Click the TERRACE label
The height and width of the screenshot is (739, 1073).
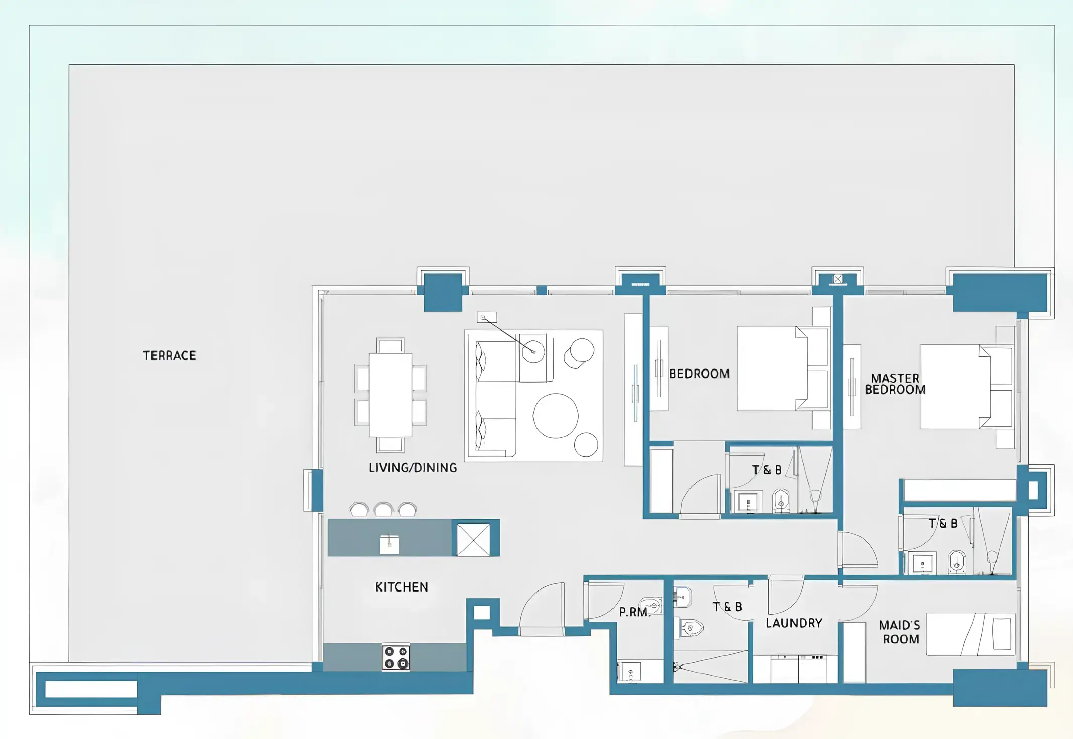coord(170,356)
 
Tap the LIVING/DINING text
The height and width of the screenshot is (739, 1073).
coord(413,468)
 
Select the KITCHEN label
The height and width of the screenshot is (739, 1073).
coord(402,587)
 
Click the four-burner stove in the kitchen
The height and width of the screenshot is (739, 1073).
coord(396,657)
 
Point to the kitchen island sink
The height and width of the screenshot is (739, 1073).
coord(389,544)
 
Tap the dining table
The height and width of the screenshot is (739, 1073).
coord(391,395)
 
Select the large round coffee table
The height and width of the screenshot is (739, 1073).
coord(556,416)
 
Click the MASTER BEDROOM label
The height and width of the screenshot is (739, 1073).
coord(895,384)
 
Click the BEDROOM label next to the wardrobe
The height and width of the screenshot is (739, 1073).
coord(699,374)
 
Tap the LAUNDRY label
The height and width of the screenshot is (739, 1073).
coord(794,623)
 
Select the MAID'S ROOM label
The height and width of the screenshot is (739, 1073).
coord(900,632)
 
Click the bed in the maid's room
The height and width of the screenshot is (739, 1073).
coord(969,634)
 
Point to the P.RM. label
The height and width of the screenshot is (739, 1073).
coord(634,612)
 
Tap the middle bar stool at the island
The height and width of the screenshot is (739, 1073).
coord(384,509)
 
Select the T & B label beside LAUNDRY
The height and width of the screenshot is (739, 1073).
coord(727,607)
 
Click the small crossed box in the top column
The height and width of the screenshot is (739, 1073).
coord(838,279)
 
